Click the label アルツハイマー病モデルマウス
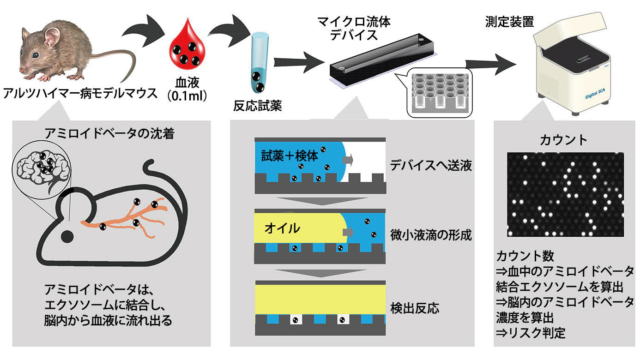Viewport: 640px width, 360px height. tap(80, 93)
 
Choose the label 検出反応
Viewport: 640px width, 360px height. tap(414, 308)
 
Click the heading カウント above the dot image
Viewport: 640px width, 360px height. tap(564, 139)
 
